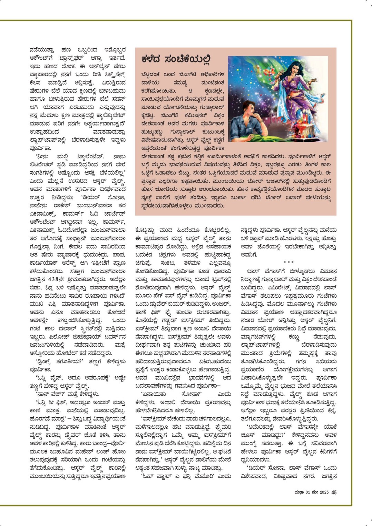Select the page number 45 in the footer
pos(334,492)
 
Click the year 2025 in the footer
pos(324,492)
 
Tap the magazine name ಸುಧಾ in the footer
pos(299,492)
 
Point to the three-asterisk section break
pos(288,263)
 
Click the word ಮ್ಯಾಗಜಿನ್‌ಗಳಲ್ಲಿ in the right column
pos(258,337)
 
